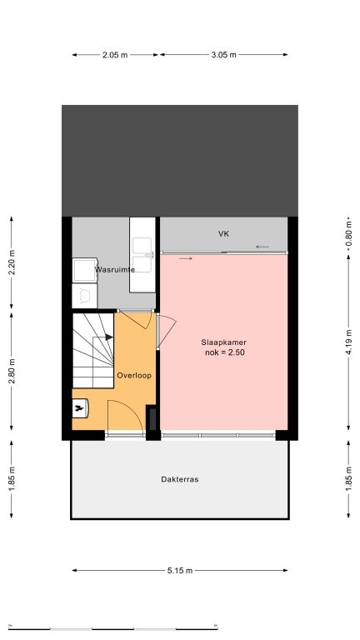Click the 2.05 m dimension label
pos(115,55)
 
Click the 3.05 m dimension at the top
pos(223,55)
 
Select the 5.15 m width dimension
pos(180,571)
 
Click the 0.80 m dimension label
pos(348,228)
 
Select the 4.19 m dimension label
pos(348,342)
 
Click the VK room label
pos(223,234)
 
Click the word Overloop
pos(133,375)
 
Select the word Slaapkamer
pos(224,342)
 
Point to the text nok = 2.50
pos(224,353)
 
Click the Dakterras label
pos(180,480)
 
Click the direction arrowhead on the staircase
pos(109,337)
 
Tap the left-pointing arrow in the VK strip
pos(262,247)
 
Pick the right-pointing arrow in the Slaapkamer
pos(184,258)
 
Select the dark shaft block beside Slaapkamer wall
pos(152,417)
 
